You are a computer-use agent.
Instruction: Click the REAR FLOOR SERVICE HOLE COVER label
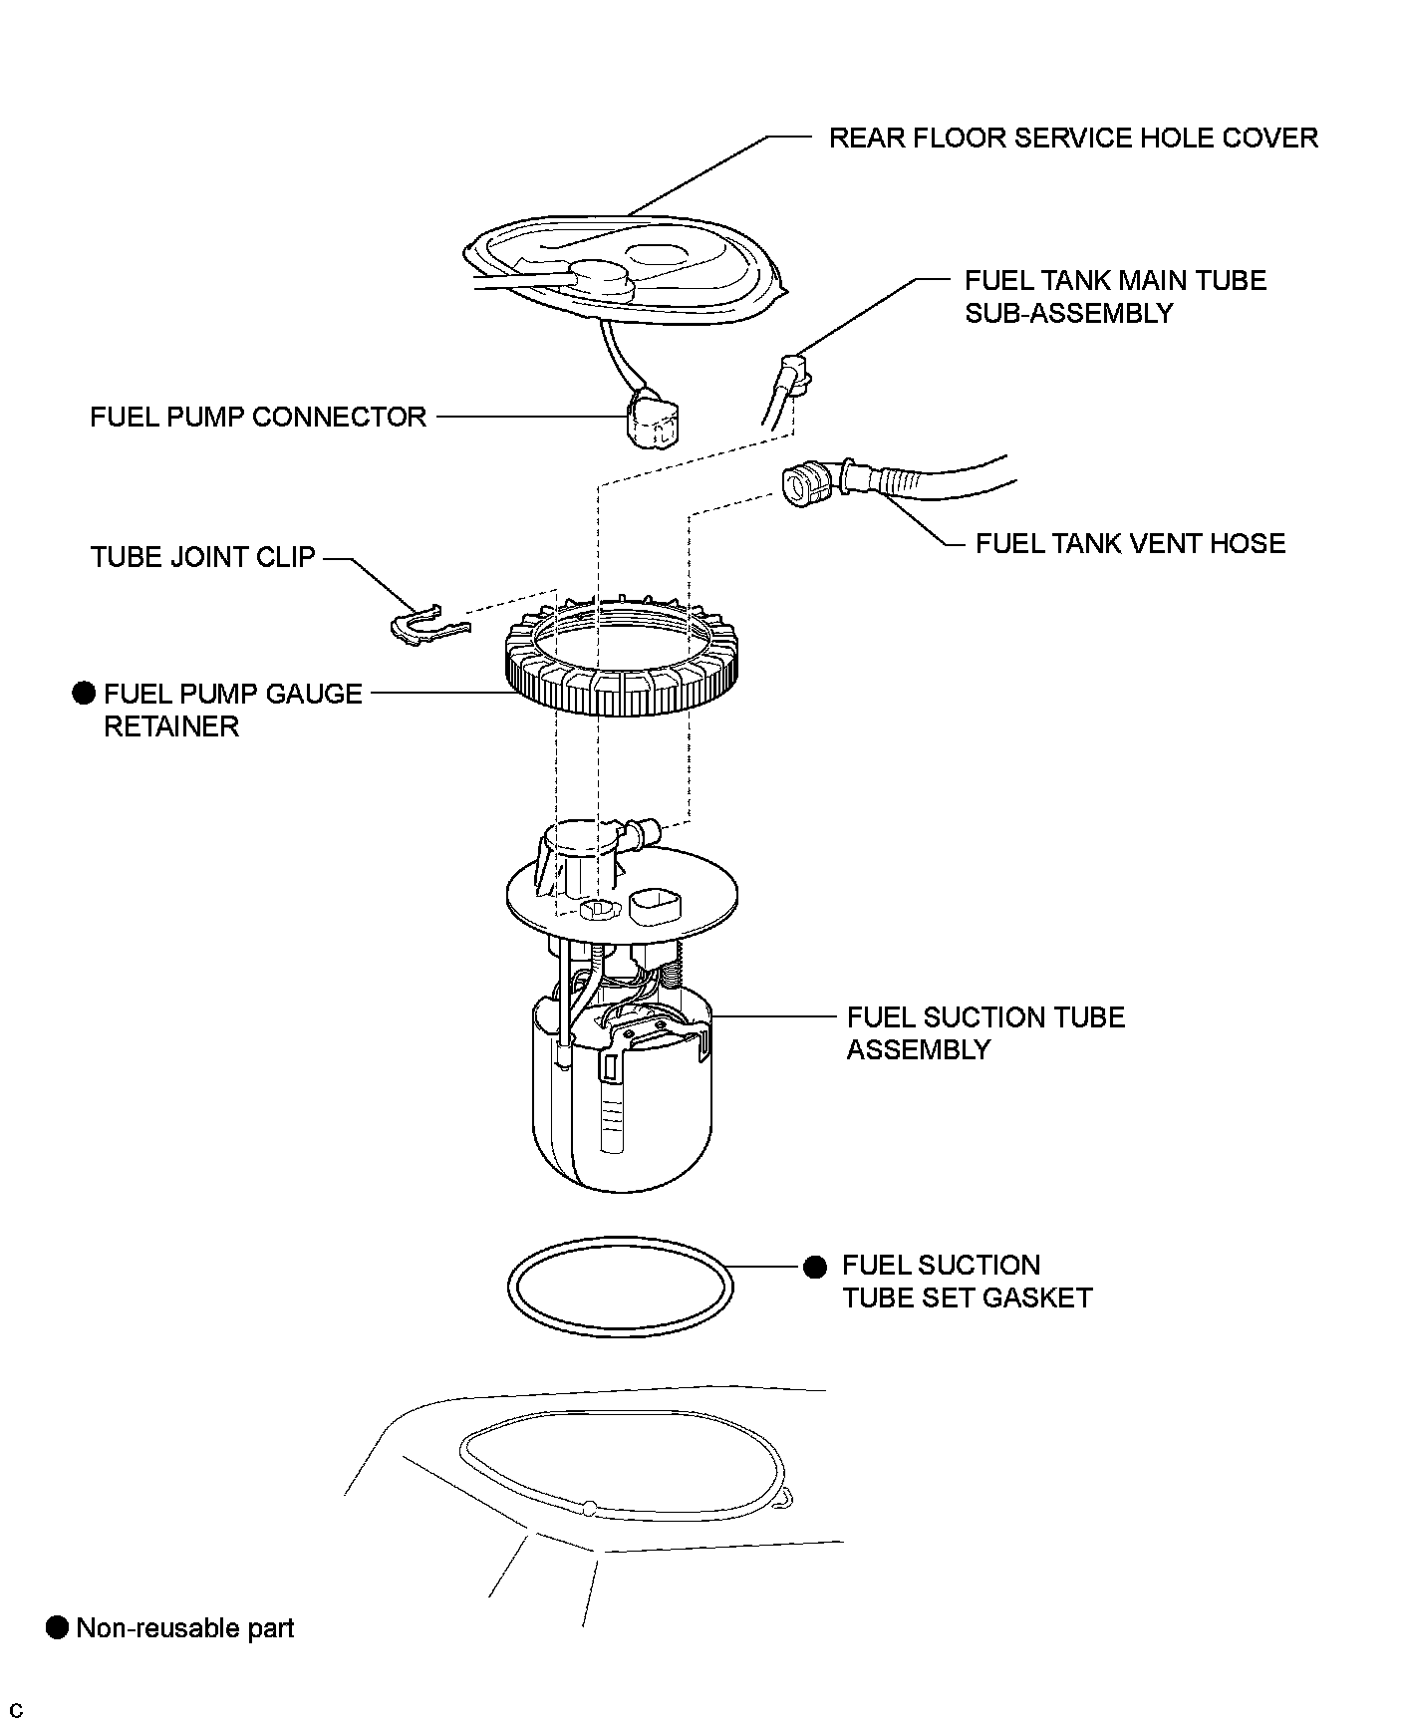(1072, 138)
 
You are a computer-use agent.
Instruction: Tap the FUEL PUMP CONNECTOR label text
(258, 417)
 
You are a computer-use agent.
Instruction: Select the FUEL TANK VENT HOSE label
(1130, 543)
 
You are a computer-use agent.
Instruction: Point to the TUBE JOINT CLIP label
(202, 557)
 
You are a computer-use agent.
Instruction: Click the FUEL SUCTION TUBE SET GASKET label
(967, 1282)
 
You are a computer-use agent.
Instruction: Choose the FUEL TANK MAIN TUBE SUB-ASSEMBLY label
(1115, 296)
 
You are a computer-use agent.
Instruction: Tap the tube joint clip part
(426, 624)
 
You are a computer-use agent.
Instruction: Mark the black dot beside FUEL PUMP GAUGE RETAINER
(85, 694)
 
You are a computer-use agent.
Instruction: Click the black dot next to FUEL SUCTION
(815, 1267)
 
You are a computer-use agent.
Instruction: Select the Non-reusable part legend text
(185, 1628)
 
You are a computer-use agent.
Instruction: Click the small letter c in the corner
(15, 1711)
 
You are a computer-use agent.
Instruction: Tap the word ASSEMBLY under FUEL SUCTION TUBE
(918, 1049)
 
